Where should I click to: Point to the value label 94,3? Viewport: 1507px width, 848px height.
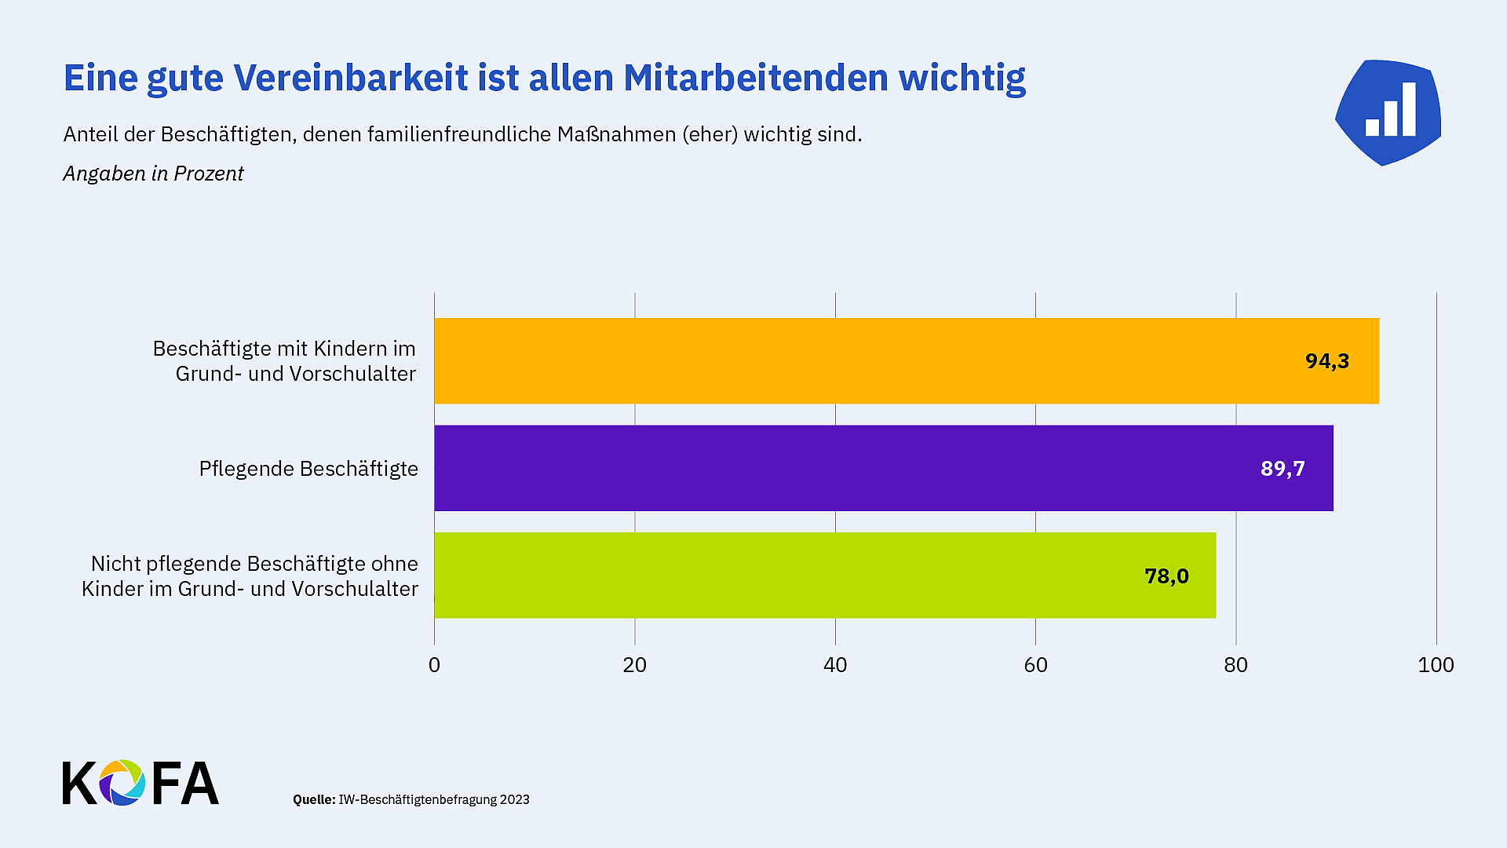coord(1327,361)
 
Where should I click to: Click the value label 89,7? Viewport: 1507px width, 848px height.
coord(1283,469)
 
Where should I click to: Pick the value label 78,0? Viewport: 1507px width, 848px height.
coord(1166,576)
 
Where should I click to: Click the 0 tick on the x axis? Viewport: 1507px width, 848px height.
coord(434,665)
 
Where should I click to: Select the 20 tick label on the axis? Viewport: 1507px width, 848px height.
coord(634,665)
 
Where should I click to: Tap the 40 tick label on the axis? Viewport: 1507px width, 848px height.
coord(835,665)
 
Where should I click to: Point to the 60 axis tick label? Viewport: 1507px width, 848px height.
coord(1035,665)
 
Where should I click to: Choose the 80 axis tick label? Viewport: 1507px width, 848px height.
coord(1235,665)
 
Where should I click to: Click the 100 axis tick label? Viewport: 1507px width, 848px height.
coord(1436,665)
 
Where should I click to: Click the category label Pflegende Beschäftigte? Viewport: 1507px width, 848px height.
coord(308,469)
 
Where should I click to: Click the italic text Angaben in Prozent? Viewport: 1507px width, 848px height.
coord(153,174)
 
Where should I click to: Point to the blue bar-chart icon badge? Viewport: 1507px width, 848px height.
coord(1388,111)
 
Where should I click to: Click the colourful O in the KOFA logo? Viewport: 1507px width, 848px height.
coord(122,783)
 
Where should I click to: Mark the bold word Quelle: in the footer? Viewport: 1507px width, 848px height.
coord(314,799)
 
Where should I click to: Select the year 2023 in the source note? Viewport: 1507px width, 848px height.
coord(515,799)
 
